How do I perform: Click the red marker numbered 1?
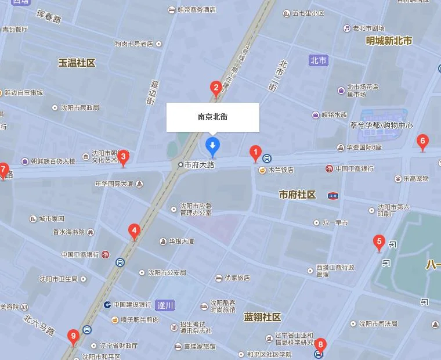point(255,153)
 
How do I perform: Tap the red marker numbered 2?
point(216,89)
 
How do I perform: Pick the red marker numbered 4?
point(134,232)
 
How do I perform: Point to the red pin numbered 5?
point(379,242)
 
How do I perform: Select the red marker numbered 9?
point(73,336)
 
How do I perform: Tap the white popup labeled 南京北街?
point(212,117)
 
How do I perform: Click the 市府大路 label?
point(199,165)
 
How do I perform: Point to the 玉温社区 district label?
point(77,63)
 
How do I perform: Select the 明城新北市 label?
point(389,41)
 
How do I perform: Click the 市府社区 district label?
point(297,195)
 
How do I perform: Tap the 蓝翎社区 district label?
point(262,317)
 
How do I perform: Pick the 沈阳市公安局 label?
point(167,272)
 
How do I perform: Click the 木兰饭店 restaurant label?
point(280,170)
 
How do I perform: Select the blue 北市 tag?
point(318,60)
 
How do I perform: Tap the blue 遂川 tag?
point(165,305)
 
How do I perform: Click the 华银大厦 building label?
point(181,241)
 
